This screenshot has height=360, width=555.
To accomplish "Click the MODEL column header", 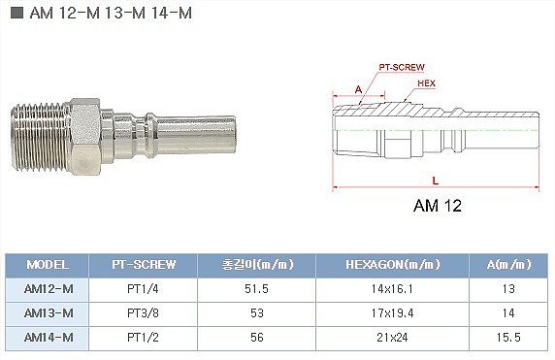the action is point(48,265).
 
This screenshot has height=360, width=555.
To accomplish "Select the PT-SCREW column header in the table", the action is point(144,265).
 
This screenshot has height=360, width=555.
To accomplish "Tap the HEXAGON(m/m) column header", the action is point(393,265).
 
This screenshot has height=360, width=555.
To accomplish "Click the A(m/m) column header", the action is point(509,265).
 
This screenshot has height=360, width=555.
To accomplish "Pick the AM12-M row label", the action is point(49,289).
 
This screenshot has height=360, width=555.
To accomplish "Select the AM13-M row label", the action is point(49,313).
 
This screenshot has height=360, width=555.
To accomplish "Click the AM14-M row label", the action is point(49,338).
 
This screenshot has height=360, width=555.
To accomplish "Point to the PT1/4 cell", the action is point(143,289).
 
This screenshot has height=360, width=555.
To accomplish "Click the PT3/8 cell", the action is point(143,313).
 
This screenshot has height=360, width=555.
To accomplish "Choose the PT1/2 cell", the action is point(143,338).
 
